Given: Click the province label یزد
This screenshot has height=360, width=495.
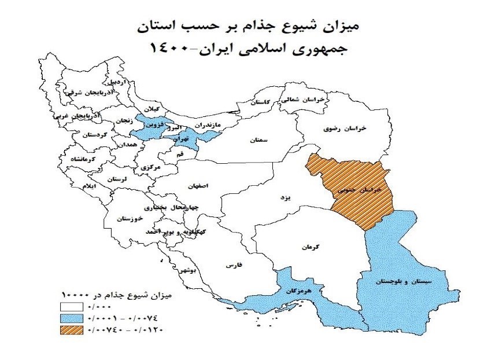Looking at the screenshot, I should [284, 197].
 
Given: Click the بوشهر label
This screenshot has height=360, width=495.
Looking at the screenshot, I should [188, 270].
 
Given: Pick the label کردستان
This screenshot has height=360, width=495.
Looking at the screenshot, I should [94, 135].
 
